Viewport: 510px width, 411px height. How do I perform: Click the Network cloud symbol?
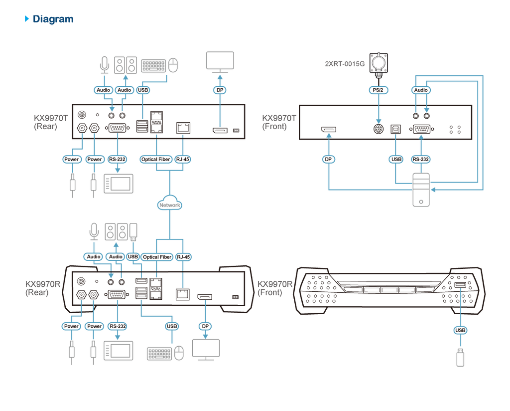click(169, 203)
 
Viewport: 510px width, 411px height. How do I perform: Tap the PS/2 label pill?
click(379, 90)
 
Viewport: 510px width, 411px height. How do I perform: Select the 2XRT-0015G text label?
click(345, 64)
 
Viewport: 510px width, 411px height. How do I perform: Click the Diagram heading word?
click(53, 19)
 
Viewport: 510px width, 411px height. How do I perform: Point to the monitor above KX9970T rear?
click(220, 62)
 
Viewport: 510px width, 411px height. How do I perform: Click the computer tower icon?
click(421, 190)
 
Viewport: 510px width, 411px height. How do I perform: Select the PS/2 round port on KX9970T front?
click(379, 129)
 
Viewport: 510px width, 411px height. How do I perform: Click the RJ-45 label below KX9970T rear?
click(182, 159)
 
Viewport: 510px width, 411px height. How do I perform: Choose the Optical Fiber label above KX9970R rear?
click(157, 257)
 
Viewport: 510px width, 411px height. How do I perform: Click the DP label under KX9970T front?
click(328, 159)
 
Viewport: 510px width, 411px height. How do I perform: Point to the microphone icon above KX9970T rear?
click(105, 65)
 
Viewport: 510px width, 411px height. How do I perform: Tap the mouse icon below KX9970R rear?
click(179, 353)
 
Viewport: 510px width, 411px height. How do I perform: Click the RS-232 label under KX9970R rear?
click(118, 326)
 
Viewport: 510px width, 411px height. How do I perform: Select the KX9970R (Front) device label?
click(275, 288)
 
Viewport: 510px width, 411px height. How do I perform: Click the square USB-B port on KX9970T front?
click(395, 129)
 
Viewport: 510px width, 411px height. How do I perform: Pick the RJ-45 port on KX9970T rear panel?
click(183, 128)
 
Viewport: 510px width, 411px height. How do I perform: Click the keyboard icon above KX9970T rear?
click(153, 66)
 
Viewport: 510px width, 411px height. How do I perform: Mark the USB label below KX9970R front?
click(460, 330)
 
